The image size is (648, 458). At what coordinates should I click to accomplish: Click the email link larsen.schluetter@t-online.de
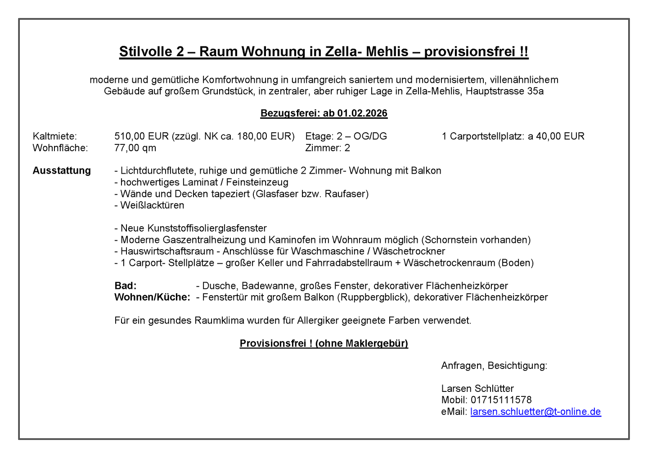(535, 412)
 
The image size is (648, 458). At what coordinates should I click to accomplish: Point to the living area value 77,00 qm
(135, 148)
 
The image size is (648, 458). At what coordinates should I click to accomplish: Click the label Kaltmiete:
(54, 136)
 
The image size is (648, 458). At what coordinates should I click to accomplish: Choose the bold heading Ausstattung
(62, 171)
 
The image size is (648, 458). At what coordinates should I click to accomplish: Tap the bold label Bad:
(126, 286)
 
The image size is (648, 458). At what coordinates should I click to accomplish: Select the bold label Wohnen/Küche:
(152, 297)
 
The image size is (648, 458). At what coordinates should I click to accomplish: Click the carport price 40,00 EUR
(560, 136)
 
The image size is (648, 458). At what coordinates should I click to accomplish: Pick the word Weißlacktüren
(152, 206)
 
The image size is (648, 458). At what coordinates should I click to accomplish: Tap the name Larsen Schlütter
(477, 389)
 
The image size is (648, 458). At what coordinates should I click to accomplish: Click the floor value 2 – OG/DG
(362, 136)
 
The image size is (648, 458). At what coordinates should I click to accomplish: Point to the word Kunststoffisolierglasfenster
(193, 229)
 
